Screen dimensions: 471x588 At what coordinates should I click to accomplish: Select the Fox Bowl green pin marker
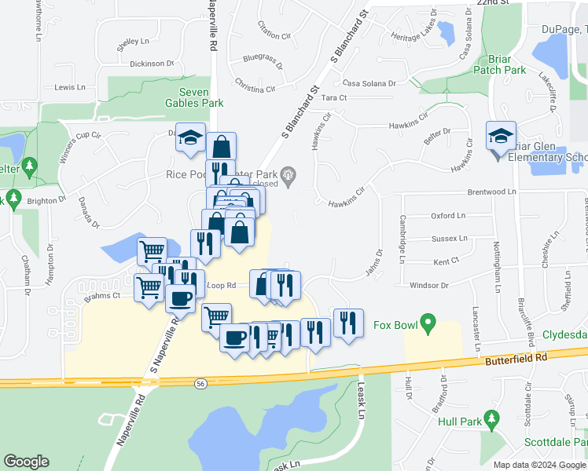428,322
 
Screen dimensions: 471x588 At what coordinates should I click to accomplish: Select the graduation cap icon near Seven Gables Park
190,137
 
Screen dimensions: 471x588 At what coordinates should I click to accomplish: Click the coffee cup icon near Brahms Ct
180,298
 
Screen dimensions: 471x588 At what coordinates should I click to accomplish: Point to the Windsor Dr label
429,286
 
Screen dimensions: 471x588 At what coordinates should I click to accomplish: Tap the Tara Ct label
334,97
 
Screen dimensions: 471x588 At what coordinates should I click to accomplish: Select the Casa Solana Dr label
369,82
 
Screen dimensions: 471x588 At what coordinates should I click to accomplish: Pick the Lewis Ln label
70,88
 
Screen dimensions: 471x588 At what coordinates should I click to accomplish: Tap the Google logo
26,462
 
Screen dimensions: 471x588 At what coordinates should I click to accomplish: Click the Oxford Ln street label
448,215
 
